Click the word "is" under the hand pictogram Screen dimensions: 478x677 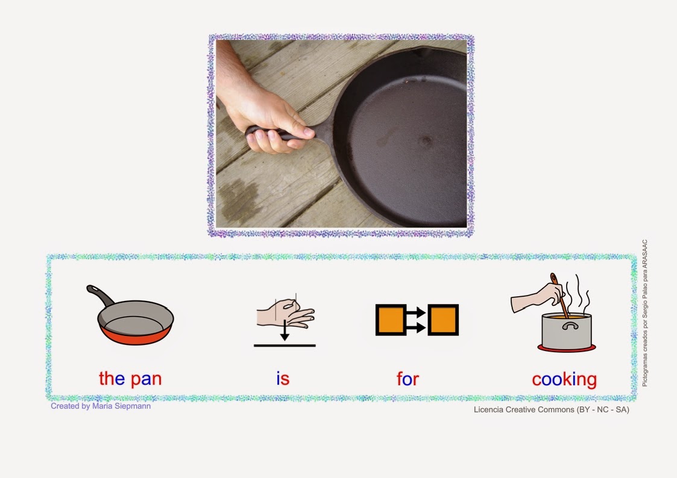283,379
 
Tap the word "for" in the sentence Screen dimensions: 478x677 408,379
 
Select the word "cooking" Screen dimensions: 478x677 564,380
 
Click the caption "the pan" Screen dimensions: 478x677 130,379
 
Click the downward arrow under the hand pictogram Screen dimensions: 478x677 285,332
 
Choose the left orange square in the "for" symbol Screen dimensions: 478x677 389,320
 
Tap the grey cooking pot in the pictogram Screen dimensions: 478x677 567,331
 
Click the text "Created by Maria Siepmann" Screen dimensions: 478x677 101,406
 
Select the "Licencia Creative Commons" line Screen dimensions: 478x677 552,410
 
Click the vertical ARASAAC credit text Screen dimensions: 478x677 644,313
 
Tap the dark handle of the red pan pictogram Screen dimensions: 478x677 101,294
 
